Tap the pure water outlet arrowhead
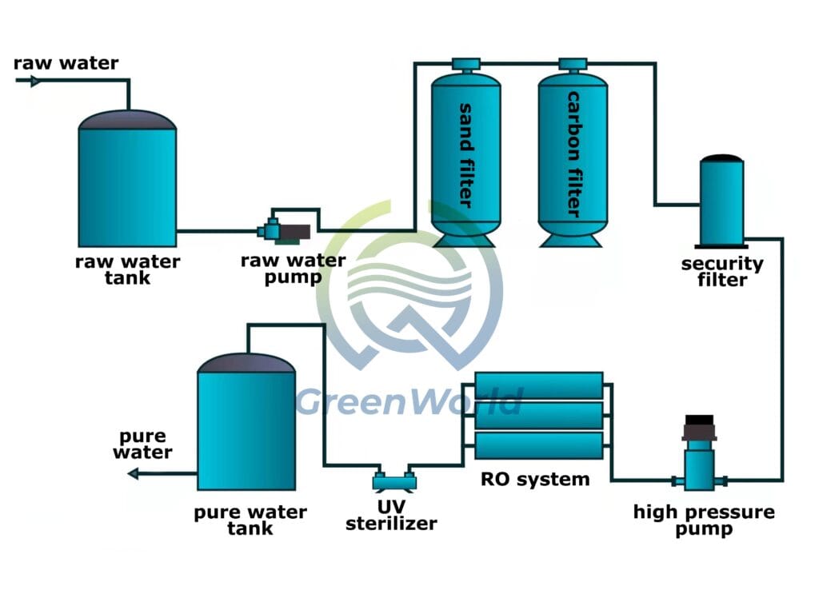[x=133, y=474]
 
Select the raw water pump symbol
[x=284, y=231]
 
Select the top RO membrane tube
[x=538, y=385]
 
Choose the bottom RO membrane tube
[x=538, y=445]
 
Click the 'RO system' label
[x=534, y=480]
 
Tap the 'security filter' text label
[x=722, y=272]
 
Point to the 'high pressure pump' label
[x=703, y=520]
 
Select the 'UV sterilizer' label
[x=391, y=516]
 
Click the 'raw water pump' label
[x=294, y=269]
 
